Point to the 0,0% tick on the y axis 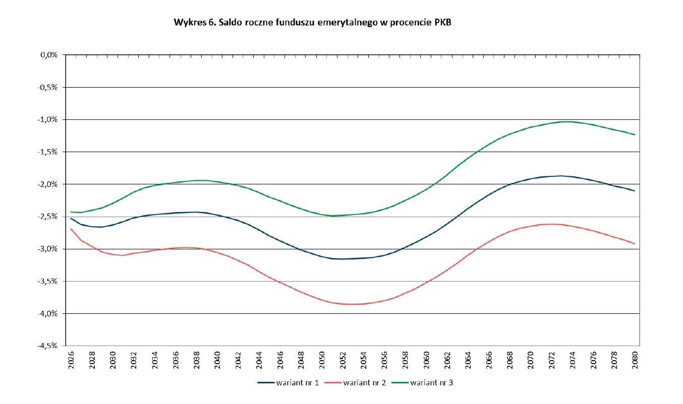[x=49, y=55]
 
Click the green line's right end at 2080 [x=635, y=134]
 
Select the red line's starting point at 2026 [x=71, y=229]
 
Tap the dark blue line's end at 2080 [x=635, y=191]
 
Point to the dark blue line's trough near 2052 [x=342, y=259]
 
